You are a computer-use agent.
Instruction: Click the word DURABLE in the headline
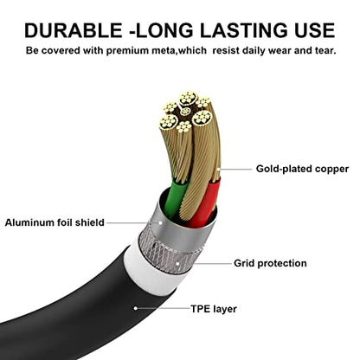74,30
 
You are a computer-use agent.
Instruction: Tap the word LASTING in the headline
244,30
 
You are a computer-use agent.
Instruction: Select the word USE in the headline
315,30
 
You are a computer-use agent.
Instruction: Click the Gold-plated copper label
302,169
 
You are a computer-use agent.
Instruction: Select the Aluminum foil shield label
55,222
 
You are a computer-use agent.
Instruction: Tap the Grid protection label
270,263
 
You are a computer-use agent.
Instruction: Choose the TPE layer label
214,309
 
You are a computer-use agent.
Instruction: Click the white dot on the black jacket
135,308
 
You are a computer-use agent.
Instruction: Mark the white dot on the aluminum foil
160,222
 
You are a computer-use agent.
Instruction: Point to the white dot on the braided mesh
177,263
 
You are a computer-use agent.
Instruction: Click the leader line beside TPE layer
164,308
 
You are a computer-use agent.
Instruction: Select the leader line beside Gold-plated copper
235,169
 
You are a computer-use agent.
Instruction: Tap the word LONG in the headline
164,30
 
